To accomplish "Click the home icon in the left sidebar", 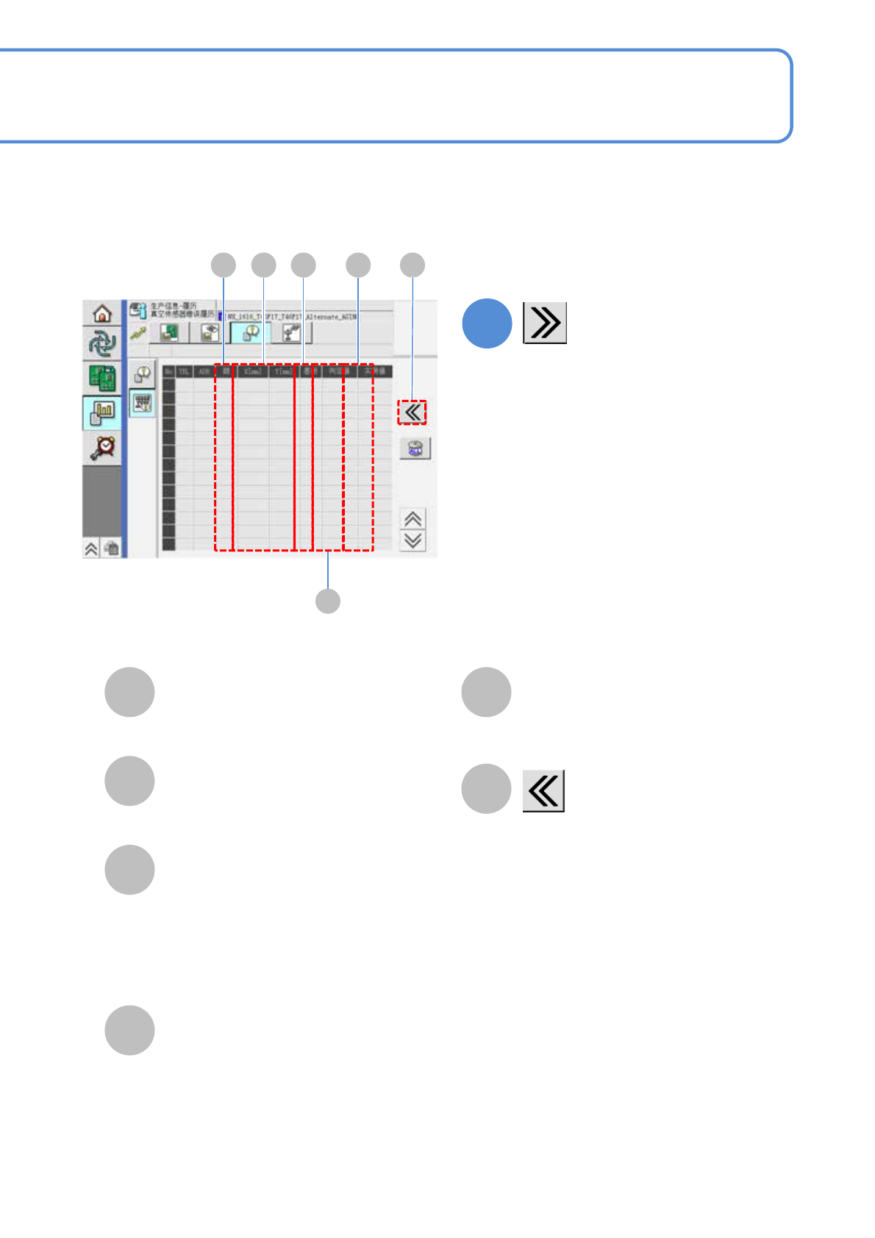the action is [102, 313].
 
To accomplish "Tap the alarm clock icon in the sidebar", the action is [102, 447].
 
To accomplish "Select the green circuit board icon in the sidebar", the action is [102, 378].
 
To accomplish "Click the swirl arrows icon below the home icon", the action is [102, 344].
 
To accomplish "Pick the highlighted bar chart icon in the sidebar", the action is [102, 413].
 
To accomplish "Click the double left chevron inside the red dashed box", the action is [413, 412].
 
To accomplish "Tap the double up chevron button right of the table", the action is [413, 519].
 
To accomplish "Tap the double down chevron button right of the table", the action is [413, 540].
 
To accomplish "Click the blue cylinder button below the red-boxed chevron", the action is [415, 448].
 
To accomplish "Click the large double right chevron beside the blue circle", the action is [545, 323].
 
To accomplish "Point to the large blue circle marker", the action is [487, 323].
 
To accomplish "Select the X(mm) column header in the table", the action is [252, 372].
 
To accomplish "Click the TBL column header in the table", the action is [184, 372].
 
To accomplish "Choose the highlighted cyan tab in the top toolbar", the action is [250, 333].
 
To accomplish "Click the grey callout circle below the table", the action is [328, 601].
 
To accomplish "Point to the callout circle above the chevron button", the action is [413, 265].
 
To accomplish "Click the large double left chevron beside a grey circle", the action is [543, 791].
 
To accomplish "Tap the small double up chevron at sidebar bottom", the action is [91, 548].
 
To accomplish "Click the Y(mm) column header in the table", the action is [282, 372].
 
